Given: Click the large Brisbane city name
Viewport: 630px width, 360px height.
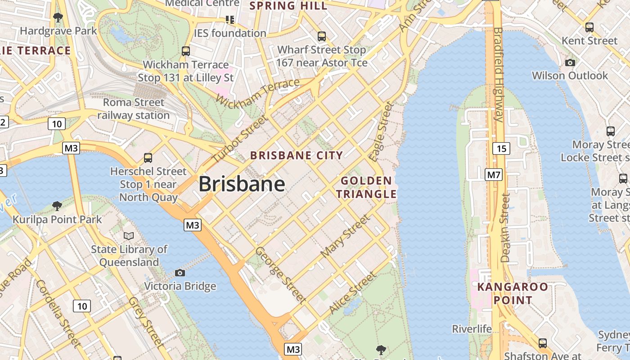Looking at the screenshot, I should coord(242,184).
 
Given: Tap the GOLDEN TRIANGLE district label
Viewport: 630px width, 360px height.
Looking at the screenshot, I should coord(366,187).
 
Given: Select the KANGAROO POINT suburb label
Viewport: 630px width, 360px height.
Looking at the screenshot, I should coord(513,293).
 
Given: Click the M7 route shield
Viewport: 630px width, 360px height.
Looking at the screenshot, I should coord(493,175).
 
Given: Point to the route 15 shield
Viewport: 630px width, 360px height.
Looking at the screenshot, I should coord(501,148).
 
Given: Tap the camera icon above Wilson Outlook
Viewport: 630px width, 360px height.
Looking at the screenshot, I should coord(570,63).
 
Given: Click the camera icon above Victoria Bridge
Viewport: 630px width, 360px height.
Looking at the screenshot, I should coord(180,273).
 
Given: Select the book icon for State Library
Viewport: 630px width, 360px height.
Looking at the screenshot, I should coord(129,236).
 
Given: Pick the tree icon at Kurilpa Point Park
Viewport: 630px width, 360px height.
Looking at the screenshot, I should coord(57,206).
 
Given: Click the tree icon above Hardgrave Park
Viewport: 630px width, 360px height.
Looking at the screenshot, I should coord(58,18).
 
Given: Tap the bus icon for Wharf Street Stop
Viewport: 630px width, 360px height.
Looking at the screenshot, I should coord(322,36).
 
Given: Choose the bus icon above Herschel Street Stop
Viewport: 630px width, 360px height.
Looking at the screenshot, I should coord(148,158).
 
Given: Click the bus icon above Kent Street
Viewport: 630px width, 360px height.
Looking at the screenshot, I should coord(589,27).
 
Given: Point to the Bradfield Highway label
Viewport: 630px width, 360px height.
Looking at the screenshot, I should coord(498,74).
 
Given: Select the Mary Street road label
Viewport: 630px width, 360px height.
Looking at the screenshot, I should coord(345,236).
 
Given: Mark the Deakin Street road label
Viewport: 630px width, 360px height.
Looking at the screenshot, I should coord(505,228).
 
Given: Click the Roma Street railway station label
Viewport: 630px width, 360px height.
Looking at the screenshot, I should coord(133,109).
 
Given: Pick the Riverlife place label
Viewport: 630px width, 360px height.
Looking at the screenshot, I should coord(472,329).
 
